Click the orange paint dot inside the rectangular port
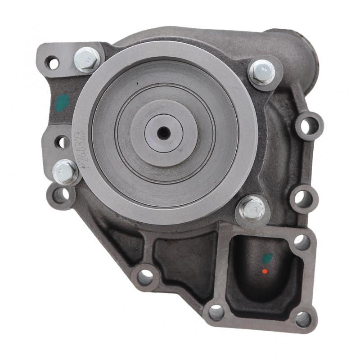click(x=265, y=271)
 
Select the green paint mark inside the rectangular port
click(x=267, y=258)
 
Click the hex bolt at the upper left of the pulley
click(x=87, y=59)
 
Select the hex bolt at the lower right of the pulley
click(x=252, y=208)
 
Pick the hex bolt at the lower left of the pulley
click(x=65, y=172)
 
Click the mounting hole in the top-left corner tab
click(x=53, y=63)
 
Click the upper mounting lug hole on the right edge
click(x=309, y=126)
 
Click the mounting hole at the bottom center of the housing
click(x=145, y=276)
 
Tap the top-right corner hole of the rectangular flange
click(x=301, y=242)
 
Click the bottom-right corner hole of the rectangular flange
click(x=303, y=319)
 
